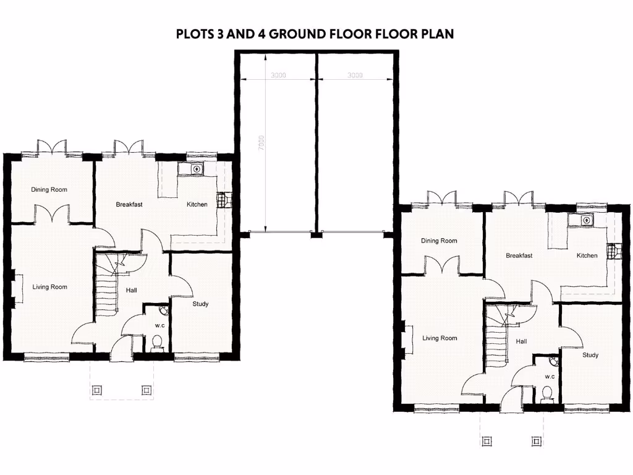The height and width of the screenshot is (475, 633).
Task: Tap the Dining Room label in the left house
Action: click(x=49, y=189)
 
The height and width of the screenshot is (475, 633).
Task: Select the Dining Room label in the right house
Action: click(x=439, y=241)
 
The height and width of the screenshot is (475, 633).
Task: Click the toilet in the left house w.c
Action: click(x=156, y=341)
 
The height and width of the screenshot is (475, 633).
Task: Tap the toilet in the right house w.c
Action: click(x=546, y=393)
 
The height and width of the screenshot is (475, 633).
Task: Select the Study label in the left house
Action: click(x=200, y=304)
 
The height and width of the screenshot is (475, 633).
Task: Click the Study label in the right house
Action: click(x=590, y=355)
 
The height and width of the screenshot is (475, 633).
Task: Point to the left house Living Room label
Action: click(x=50, y=287)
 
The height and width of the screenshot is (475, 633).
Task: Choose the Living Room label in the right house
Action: click(x=440, y=338)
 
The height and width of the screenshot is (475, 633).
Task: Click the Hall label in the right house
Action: click(x=522, y=341)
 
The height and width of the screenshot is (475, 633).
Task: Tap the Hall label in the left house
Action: click(x=132, y=289)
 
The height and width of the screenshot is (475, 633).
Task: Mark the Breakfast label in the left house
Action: click(x=129, y=204)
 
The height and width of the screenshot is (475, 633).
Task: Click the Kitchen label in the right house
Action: click(x=587, y=255)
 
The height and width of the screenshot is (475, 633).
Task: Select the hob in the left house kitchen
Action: click(x=221, y=200)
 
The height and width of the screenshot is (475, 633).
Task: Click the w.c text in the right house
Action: click(x=550, y=376)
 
